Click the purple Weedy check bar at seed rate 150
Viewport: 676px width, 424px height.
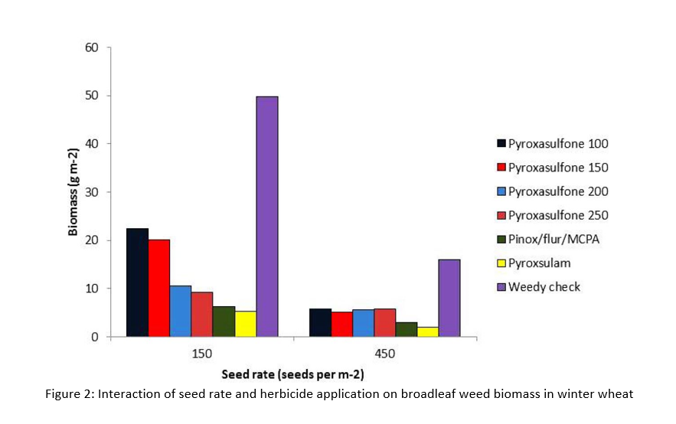tap(266, 217)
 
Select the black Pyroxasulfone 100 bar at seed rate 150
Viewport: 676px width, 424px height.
tap(138, 282)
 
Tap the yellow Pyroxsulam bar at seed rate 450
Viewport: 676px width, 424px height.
tap(427, 331)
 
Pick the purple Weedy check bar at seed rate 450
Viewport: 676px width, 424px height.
tap(449, 298)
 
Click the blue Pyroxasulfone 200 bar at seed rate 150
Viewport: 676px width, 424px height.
tap(181, 311)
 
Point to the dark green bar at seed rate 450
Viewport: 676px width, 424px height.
tap(406, 329)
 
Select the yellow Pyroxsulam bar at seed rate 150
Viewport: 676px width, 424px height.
tap(245, 323)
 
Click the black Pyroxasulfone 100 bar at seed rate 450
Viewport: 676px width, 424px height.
tap(320, 322)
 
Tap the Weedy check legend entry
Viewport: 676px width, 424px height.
tap(545, 287)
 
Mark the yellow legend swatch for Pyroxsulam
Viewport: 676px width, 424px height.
tap(501, 263)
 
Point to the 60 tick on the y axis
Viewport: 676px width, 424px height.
tap(92, 47)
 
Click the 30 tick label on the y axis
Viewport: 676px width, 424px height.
tap(92, 192)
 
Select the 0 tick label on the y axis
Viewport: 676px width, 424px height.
tap(96, 337)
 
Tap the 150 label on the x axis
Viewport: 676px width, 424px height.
tap(202, 354)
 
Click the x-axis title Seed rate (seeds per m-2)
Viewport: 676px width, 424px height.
tap(292, 375)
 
